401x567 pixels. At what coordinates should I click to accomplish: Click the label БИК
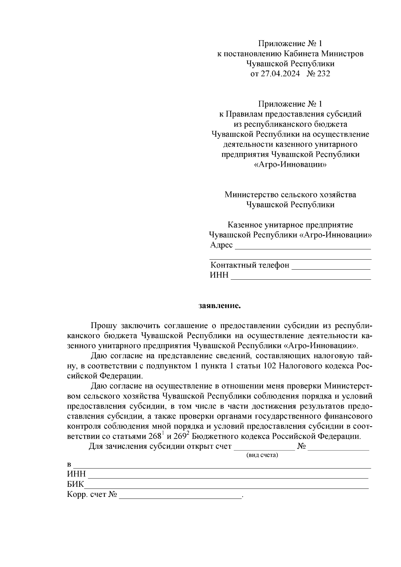click(x=75, y=484)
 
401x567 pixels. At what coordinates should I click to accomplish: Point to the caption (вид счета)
click(x=262, y=455)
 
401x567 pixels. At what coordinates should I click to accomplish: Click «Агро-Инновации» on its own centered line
click(x=290, y=165)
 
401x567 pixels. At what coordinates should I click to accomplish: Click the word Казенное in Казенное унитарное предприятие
click(x=244, y=225)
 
